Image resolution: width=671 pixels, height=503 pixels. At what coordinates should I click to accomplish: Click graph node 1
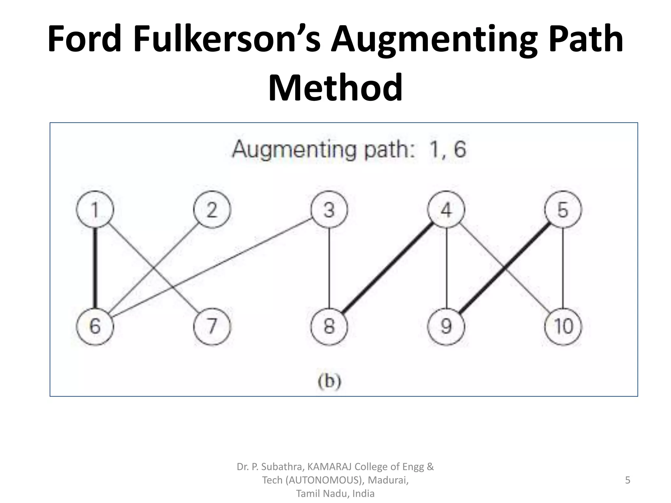[x=95, y=210]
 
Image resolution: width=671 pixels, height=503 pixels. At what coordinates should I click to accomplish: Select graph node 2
[x=212, y=210]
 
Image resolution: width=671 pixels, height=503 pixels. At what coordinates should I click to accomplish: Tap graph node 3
[x=329, y=210]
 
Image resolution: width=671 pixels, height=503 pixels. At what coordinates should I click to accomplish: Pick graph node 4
[x=446, y=210]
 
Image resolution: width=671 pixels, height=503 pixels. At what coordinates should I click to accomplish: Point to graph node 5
[x=563, y=210]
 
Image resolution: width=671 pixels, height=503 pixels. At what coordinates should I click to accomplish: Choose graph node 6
[x=95, y=326]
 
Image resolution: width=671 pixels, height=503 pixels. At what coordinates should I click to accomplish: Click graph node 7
[x=212, y=326]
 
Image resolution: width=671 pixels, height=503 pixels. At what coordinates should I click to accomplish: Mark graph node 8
[x=329, y=326]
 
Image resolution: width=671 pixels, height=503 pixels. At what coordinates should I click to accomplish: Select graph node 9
[x=446, y=326]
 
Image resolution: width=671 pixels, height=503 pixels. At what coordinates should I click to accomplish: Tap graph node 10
[x=563, y=326]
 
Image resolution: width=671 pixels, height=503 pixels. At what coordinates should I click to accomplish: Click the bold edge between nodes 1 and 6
[x=95, y=268]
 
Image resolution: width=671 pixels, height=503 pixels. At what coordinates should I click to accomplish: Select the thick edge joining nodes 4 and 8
[x=388, y=268]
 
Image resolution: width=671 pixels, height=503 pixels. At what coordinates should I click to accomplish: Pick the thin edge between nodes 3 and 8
[x=329, y=268]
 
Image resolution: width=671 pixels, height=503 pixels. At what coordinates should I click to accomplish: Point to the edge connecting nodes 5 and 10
[x=563, y=268]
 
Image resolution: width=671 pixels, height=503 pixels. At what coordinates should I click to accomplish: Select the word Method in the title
[x=335, y=88]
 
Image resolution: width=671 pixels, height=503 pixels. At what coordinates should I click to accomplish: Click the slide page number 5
[x=627, y=480]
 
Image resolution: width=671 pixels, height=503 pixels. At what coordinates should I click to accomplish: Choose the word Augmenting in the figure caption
[x=294, y=150]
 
